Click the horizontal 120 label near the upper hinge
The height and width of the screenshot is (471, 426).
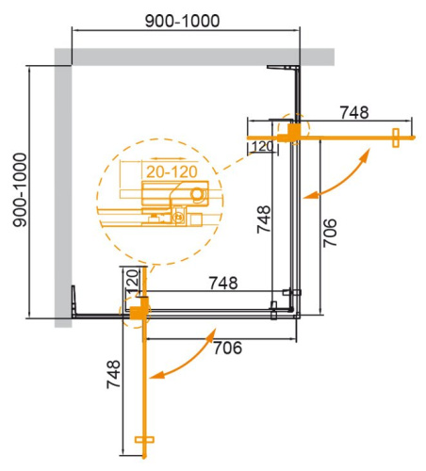point(263,147)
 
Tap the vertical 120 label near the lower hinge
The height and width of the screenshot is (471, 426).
point(132,280)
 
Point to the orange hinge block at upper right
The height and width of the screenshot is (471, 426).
point(296,129)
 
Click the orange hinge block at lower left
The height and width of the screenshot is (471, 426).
point(140,307)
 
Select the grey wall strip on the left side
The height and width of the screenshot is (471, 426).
point(62,188)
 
